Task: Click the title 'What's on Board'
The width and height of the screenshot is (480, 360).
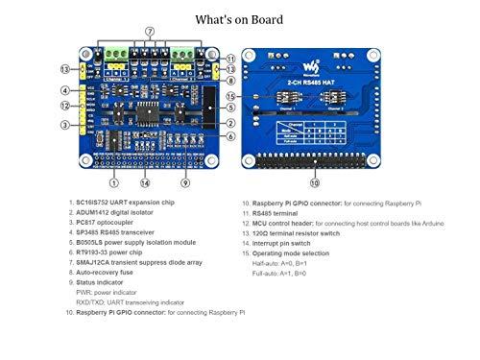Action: click(239, 18)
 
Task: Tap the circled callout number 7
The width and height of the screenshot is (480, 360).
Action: click(150, 32)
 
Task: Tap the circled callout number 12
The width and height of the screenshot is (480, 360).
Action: click(65, 106)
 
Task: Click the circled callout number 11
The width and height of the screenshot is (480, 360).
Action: click(231, 59)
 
